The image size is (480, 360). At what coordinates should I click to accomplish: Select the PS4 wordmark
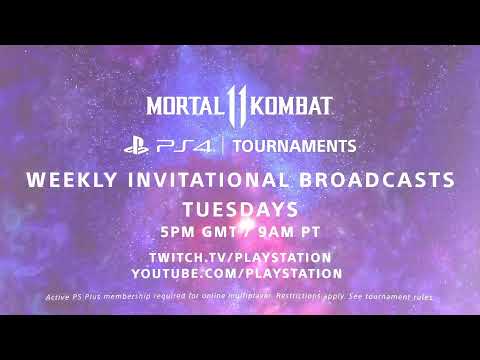(184, 146)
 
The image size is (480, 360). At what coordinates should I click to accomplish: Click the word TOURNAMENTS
(293, 146)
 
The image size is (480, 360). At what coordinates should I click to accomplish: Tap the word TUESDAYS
(240, 210)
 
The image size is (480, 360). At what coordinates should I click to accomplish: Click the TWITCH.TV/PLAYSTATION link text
(240, 258)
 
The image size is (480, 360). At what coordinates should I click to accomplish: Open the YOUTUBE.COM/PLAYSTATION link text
(240, 272)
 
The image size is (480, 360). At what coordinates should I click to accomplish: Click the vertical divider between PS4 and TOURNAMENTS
(222, 146)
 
